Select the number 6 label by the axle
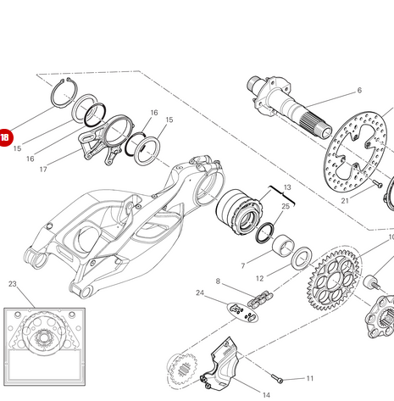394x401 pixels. [x=359, y=90]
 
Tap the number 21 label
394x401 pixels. [x=345, y=201]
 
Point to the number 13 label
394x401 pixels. [x=287, y=187]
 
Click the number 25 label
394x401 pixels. [x=286, y=206]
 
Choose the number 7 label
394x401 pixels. [x=243, y=266]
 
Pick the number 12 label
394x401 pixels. [x=260, y=278]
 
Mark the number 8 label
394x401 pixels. [x=218, y=281]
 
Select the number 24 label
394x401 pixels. [x=200, y=293]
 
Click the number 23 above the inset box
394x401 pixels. [x=13, y=284]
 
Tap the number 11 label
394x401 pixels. [x=310, y=378]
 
